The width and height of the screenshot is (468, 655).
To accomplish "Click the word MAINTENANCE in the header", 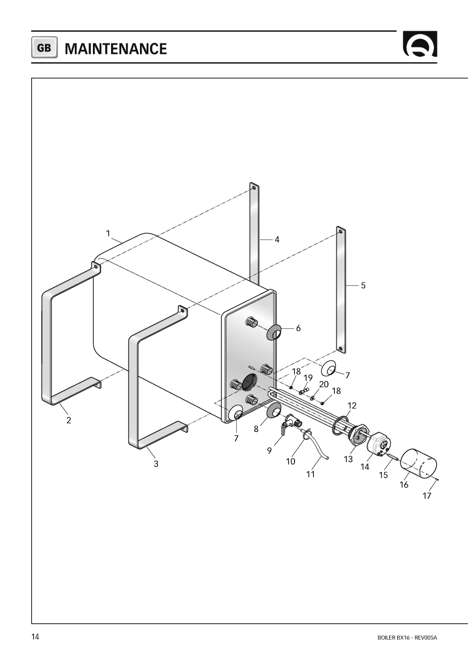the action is pos(116,49).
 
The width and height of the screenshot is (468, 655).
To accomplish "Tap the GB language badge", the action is pos(44,48).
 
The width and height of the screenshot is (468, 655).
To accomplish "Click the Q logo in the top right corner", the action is pos(420,44).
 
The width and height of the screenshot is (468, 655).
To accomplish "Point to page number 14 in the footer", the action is pos(35,637).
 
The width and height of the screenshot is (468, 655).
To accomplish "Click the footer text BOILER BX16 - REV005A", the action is pos(407,637).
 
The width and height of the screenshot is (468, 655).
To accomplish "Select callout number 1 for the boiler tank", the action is pos(108,233).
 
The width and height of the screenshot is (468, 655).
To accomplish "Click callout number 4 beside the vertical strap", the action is pos(277,239).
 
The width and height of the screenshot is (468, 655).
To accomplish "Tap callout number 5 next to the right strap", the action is pos(363,285).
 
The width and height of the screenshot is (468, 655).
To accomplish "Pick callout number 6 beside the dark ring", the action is pos(298,328).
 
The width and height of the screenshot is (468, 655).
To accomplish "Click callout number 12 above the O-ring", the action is pos(352,405).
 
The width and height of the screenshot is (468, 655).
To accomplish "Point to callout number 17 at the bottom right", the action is pos(427,496).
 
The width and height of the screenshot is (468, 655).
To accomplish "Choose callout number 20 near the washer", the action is pos(324,384).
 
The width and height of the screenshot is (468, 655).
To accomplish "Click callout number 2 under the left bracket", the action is pos(69,420).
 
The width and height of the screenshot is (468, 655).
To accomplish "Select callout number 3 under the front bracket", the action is pos(156,464).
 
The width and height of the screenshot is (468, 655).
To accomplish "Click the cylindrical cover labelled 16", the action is pos(419,462).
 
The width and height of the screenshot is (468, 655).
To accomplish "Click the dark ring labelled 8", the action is pos(274,410).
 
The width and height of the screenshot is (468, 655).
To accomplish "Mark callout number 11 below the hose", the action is pos(310,474).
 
